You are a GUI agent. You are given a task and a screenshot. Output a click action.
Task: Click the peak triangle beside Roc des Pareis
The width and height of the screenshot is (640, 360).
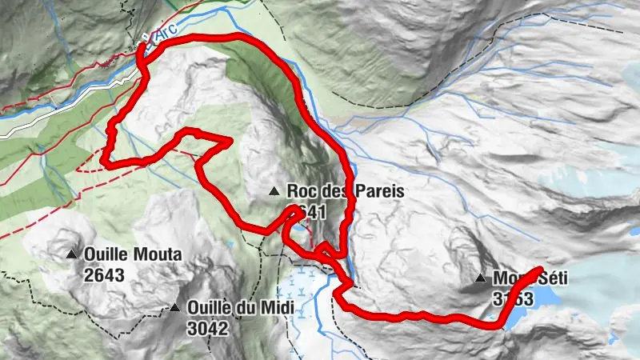pos(274,191)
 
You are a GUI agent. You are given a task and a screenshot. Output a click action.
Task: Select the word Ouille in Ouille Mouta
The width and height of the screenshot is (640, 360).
pos(105,255)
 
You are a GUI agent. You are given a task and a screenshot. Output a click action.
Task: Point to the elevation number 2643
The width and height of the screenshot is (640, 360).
pos(103,274)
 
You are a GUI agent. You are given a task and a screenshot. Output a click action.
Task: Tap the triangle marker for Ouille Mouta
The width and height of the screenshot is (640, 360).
pos(72,255)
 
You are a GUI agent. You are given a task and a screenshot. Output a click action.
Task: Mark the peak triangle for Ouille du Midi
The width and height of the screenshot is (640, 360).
pos(174,307)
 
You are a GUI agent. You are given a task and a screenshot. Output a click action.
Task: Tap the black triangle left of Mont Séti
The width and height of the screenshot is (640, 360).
pos(480,278)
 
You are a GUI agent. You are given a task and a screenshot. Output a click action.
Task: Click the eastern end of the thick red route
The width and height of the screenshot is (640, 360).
pos(541,270)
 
